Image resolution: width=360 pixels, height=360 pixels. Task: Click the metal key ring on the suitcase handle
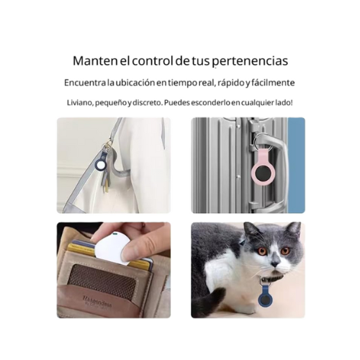tap(259, 141)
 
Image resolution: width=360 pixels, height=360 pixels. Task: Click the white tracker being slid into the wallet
tap(111, 248)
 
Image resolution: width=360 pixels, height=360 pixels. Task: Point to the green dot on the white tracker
tap(116, 233)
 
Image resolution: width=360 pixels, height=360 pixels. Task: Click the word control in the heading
tap(152, 61)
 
